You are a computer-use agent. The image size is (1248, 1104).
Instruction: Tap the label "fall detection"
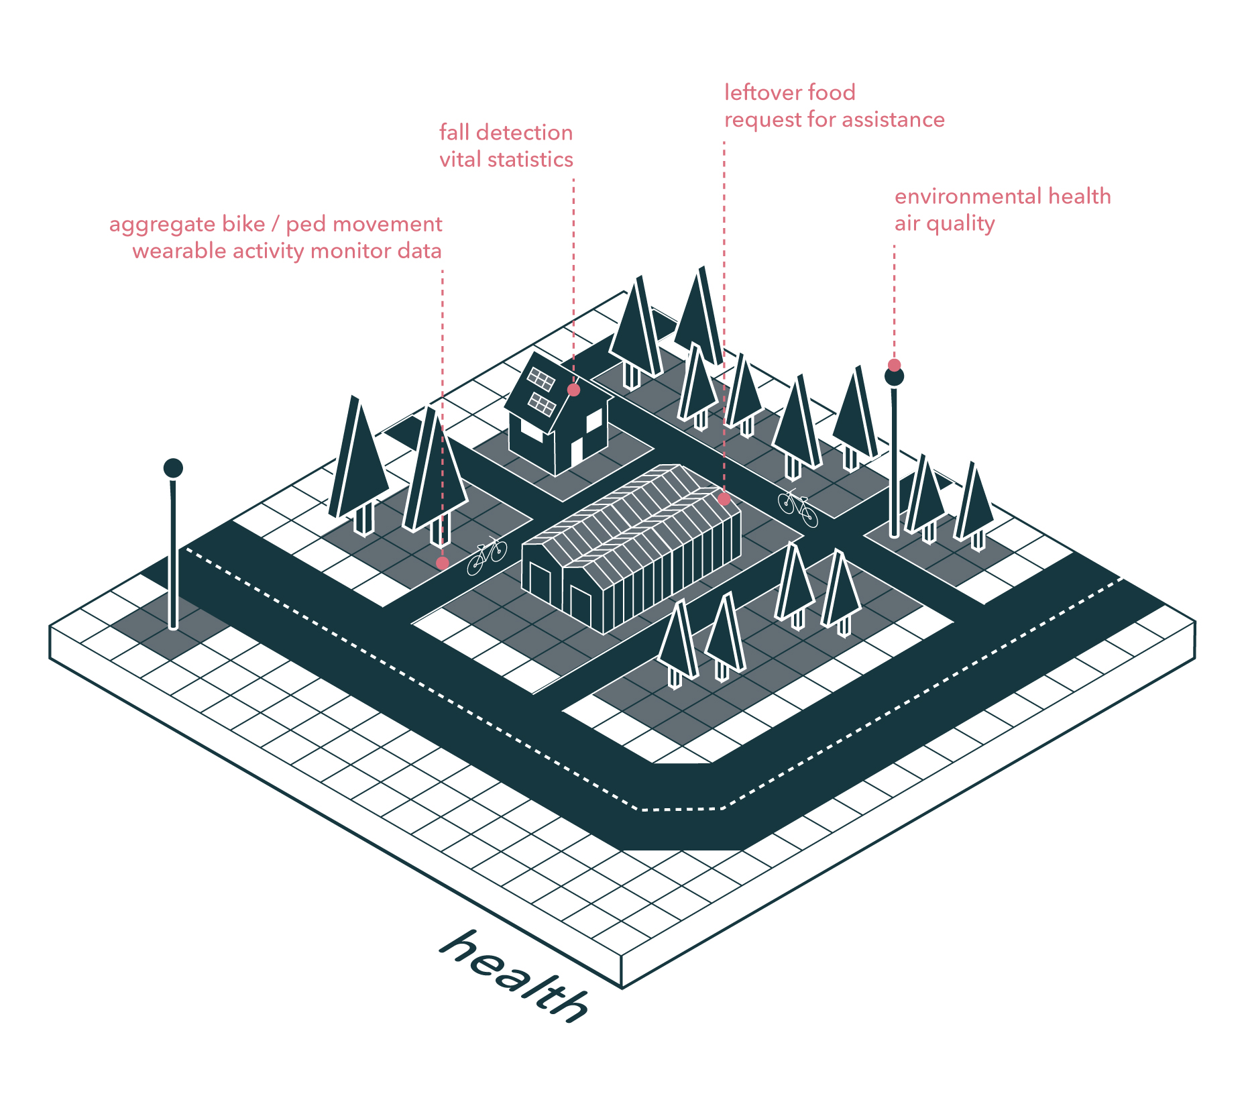pos(506,133)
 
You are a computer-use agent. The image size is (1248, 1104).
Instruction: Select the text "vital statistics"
pos(506,160)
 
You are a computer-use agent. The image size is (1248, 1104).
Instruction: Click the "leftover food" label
pos(789,93)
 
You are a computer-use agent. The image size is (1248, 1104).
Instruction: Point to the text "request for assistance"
pos(834,120)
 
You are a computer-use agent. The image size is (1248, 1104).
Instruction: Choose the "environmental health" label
pos(1002,197)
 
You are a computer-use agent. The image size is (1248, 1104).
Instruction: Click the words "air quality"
pos(944,223)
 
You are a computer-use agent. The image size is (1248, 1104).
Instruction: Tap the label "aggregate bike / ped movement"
pos(275,224)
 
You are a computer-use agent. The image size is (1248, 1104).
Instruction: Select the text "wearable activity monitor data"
pos(286,251)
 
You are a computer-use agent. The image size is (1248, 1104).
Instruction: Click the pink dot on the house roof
pos(573,390)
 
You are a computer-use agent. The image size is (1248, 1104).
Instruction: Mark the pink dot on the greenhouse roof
pos(724,499)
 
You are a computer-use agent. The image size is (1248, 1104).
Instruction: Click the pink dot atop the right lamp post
pos(894,365)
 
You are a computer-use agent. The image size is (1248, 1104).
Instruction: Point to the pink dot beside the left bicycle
pos(442,563)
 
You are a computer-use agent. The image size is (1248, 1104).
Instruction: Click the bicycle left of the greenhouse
pos(487,555)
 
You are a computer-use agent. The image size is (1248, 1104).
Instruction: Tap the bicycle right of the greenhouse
pos(797,508)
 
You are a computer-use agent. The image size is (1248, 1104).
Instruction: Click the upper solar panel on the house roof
pos(541,380)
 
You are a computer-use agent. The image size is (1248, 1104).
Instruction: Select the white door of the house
pos(576,453)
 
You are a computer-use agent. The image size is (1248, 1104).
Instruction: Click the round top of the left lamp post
pos(173,467)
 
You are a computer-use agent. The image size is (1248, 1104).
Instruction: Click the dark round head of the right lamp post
pos(894,377)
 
